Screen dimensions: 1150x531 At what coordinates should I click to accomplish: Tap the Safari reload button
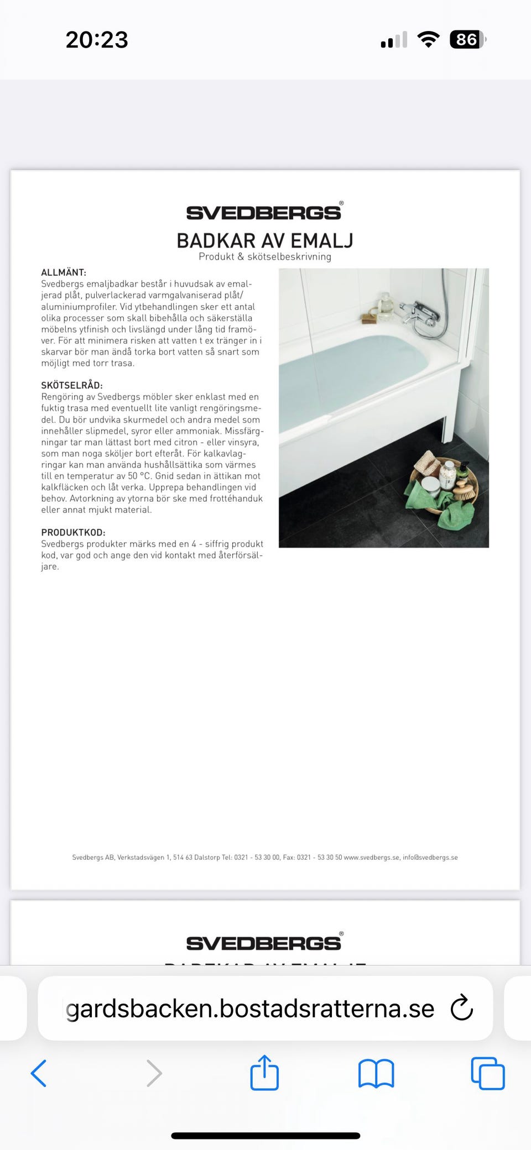[x=462, y=1008]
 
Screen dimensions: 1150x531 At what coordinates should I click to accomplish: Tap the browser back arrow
[x=39, y=1073]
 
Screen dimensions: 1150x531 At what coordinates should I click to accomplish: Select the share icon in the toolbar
[x=264, y=1073]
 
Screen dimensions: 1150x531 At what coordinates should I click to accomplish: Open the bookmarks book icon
[x=376, y=1073]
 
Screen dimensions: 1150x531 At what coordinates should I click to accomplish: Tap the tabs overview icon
[x=487, y=1073]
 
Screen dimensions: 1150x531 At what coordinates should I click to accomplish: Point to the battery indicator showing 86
[x=467, y=40]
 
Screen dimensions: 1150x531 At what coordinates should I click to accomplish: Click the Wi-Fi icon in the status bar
[x=428, y=40]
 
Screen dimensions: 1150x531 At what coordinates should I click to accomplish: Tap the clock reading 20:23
[x=97, y=40]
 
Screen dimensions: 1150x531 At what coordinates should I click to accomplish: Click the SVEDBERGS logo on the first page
[x=264, y=212]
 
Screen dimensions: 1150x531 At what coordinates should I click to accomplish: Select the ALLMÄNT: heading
[x=64, y=272]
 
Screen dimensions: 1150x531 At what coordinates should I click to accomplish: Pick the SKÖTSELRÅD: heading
[x=72, y=385]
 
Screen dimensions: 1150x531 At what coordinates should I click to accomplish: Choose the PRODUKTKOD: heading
[x=73, y=532]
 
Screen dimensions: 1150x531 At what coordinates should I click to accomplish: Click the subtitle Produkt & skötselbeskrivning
[x=265, y=256]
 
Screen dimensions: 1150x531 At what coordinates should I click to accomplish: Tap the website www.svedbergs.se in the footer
[x=371, y=857]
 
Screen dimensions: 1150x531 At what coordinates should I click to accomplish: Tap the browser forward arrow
[x=154, y=1073]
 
